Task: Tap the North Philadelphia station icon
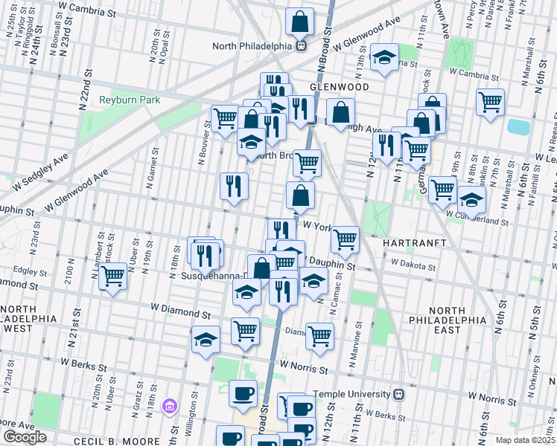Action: coord(302,45)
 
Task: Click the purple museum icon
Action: coord(171,406)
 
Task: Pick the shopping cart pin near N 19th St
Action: coord(112,277)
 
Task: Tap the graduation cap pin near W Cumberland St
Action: coord(471,199)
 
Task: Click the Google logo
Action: coord(24,437)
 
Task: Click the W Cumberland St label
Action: coord(477,220)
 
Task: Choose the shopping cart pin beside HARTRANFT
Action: coord(345,239)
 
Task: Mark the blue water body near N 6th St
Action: coord(518,127)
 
